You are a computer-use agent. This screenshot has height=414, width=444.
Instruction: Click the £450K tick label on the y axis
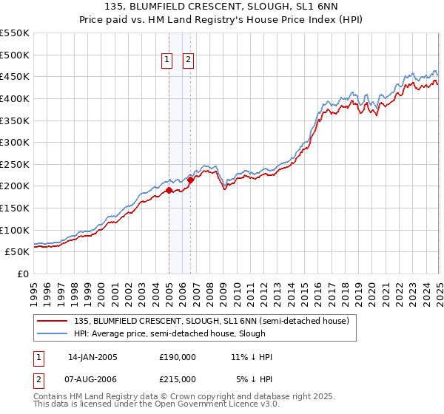coord(15,77)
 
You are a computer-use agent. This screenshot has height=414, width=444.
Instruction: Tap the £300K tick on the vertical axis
coord(15,143)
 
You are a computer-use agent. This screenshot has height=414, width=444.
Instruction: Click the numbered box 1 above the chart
coord(167,61)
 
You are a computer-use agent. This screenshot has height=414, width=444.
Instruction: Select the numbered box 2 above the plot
coord(188,61)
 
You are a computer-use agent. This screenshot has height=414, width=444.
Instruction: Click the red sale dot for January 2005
coord(169,190)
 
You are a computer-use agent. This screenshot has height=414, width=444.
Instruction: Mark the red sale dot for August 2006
coord(190,179)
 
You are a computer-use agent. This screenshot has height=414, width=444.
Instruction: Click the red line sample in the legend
coord(53,321)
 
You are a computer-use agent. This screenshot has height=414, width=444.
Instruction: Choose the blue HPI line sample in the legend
coord(53,333)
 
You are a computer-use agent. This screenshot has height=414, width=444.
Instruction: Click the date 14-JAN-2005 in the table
coord(92,357)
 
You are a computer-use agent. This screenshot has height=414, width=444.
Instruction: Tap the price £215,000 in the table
coord(178,379)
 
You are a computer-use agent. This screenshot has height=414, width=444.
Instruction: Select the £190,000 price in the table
coord(178,357)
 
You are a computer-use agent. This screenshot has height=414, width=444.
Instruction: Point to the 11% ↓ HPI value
coord(252,357)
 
